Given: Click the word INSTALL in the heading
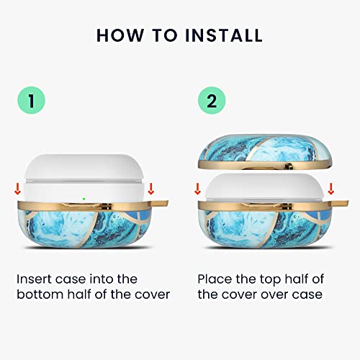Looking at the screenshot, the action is click(x=224, y=35).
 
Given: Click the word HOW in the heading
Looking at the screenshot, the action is click(x=120, y=35).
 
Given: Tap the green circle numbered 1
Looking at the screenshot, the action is click(x=31, y=100).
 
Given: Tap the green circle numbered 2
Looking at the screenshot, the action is click(x=212, y=100).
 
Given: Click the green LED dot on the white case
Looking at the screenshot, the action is click(x=84, y=199).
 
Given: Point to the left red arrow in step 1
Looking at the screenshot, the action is click(x=17, y=189).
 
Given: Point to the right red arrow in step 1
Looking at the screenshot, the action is click(x=150, y=189).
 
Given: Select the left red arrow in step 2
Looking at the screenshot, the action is click(x=197, y=189).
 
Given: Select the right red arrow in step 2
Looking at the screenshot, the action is click(x=331, y=189).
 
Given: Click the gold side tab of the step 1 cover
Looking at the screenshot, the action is click(x=161, y=204).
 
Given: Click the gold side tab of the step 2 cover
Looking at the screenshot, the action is click(x=341, y=203).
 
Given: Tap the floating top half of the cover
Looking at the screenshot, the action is click(x=265, y=152).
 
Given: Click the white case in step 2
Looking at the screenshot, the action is click(x=265, y=187).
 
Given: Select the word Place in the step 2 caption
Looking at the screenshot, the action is click(x=215, y=279).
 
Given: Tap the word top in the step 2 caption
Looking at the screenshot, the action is click(x=271, y=280).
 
